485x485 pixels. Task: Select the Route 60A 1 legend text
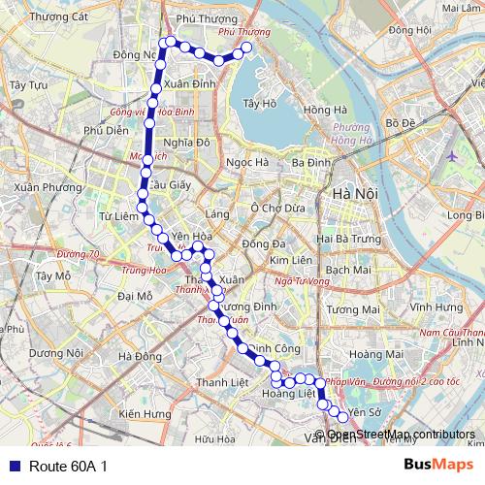coord(68,467)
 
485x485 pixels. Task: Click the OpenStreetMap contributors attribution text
coord(400,435)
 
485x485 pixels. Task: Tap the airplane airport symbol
coord(452,155)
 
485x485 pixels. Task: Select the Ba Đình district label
coord(311,163)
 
